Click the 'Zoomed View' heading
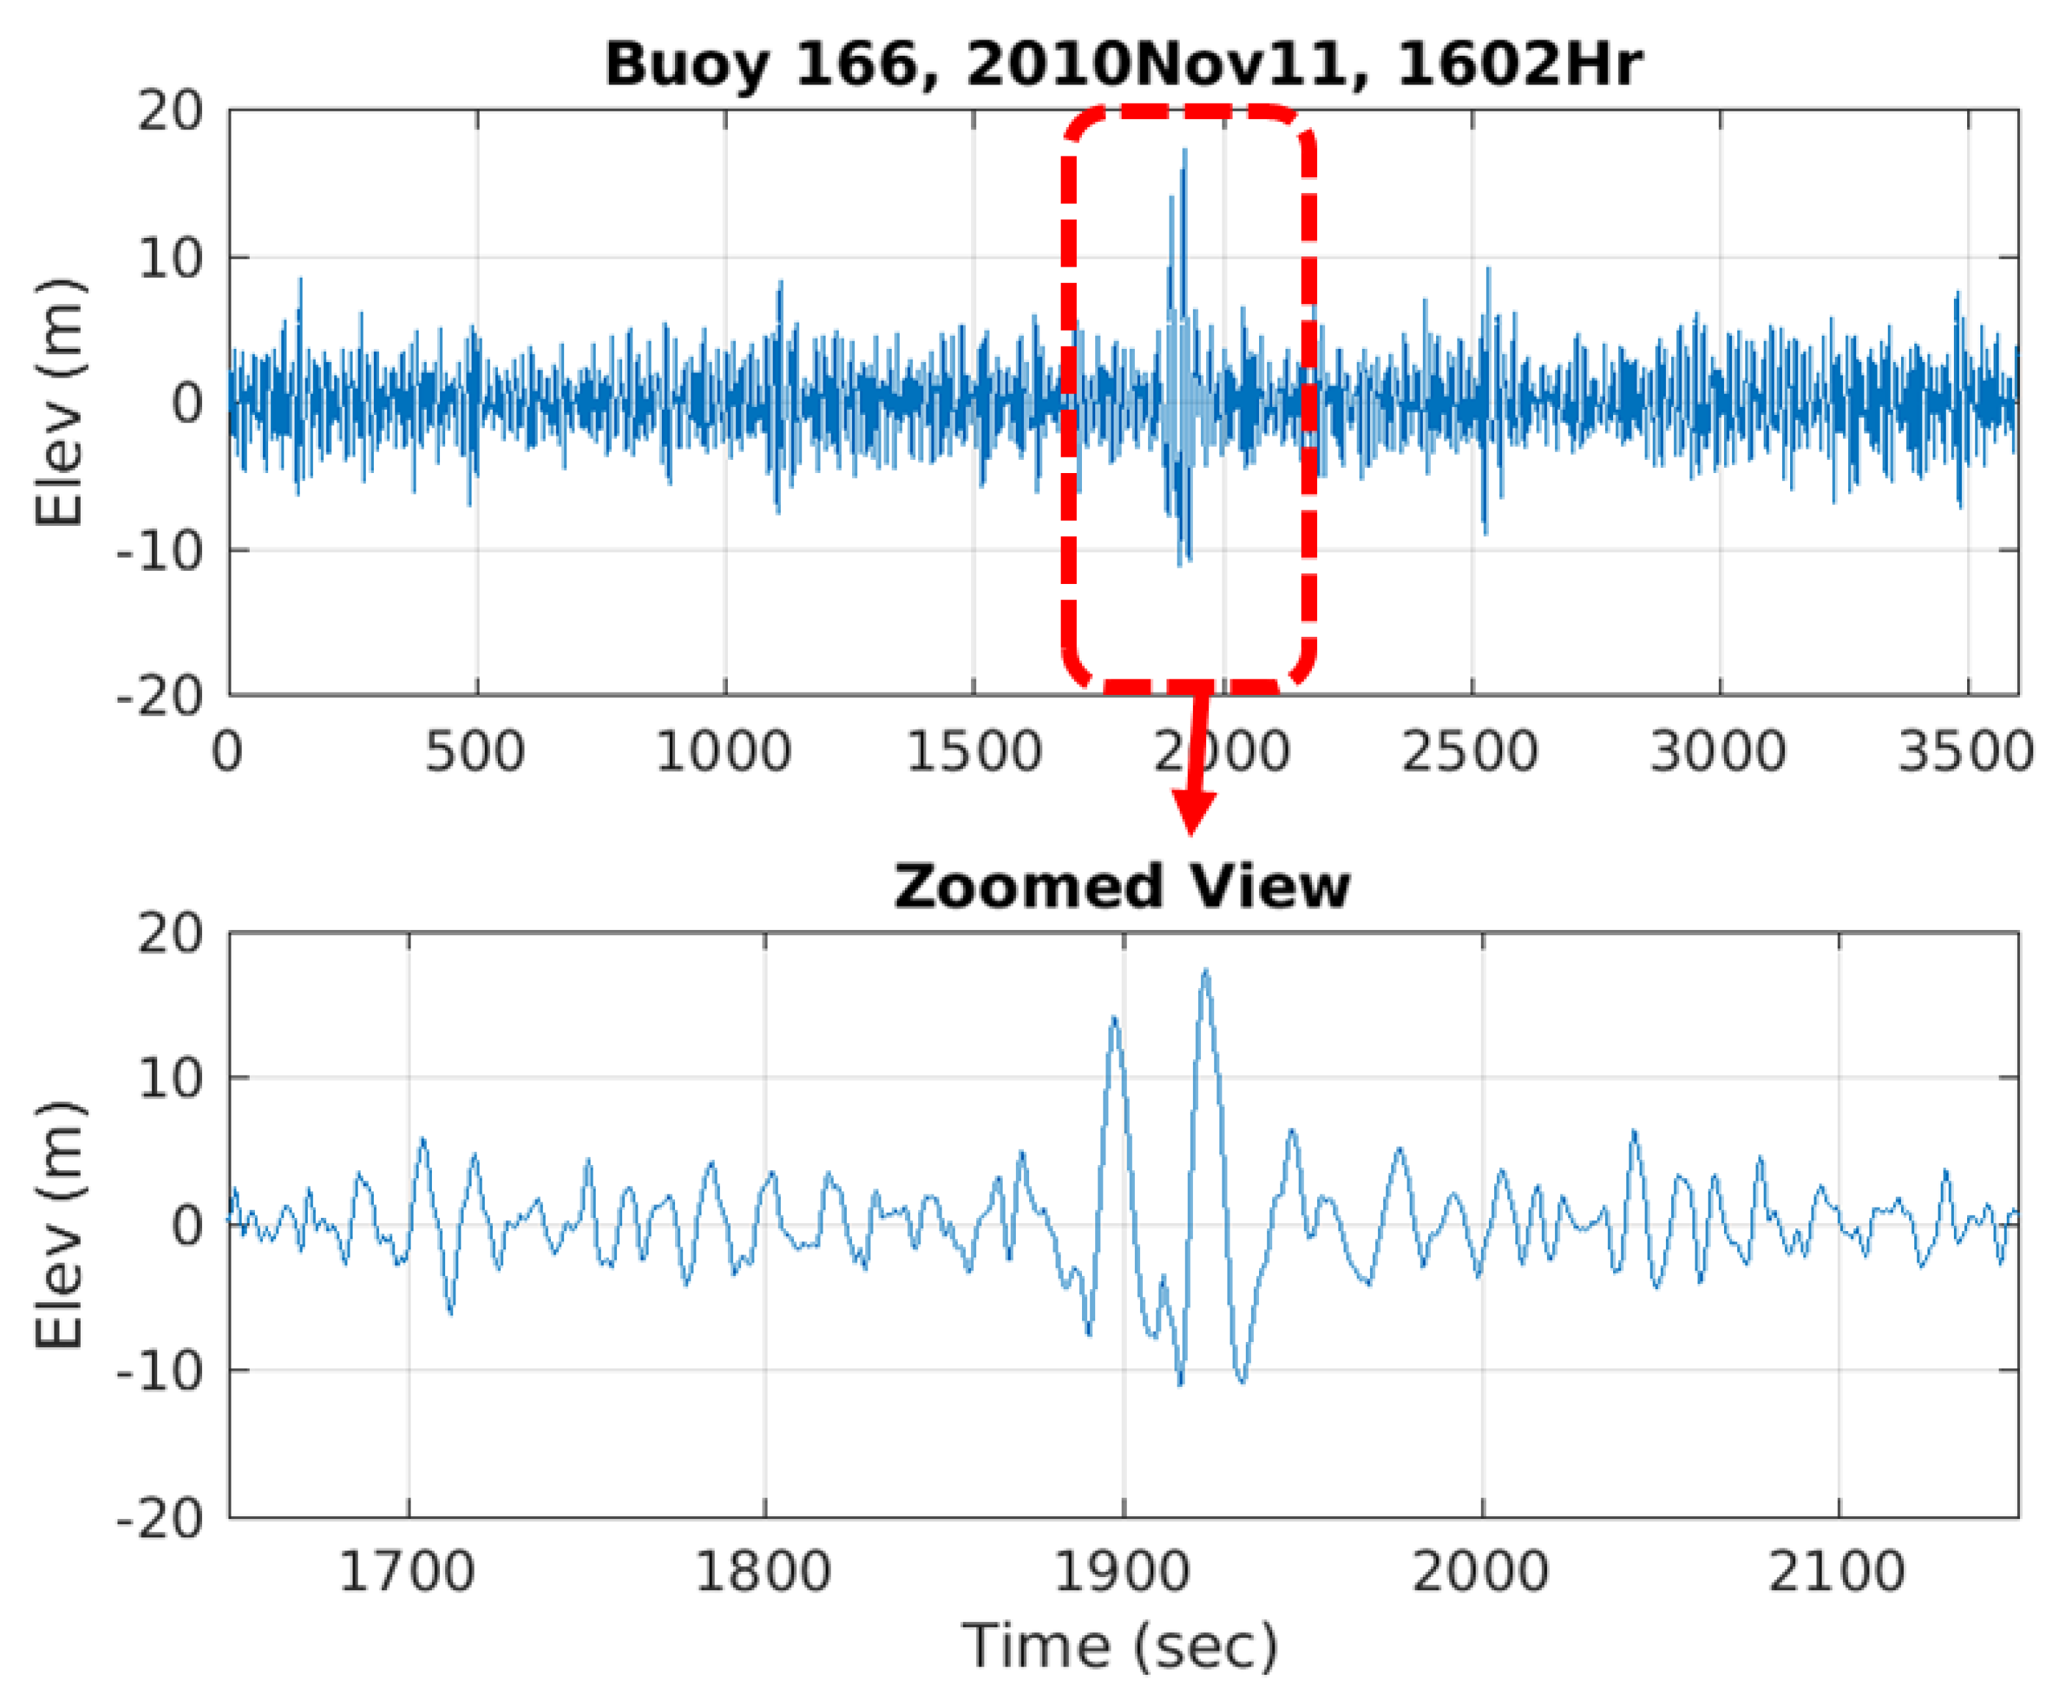coord(1122,887)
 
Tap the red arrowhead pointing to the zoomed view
coord(1191,812)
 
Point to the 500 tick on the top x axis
coord(475,754)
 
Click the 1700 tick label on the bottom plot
coord(406,1573)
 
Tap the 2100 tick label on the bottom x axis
coord(1837,1573)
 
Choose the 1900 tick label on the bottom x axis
coord(1122,1573)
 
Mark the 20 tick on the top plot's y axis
coord(169,112)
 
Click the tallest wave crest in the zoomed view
coord(1205,972)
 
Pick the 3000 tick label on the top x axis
coord(1718,754)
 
